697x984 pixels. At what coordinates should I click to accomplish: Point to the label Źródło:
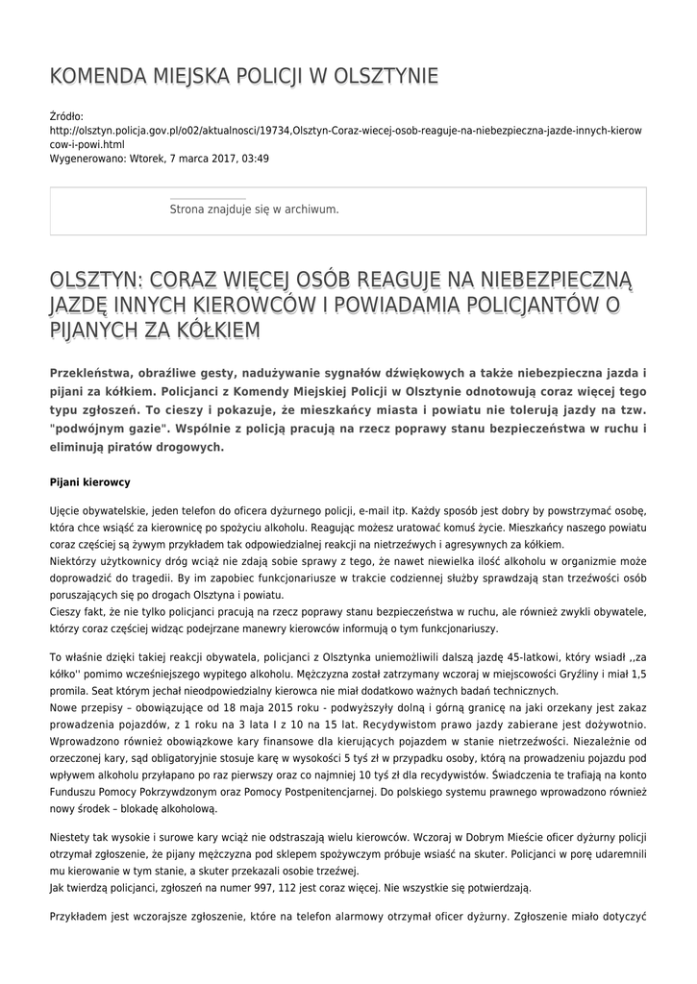pyautogui.click(x=66, y=116)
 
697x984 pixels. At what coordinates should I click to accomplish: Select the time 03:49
pyautogui.click(x=255, y=159)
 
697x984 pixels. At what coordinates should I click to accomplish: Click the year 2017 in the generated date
pyautogui.click(x=222, y=159)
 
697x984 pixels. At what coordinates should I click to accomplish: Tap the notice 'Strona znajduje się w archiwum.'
pyautogui.click(x=254, y=209)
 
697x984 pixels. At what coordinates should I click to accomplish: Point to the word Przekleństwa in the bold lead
pyautogui.click(x=93, y=373)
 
